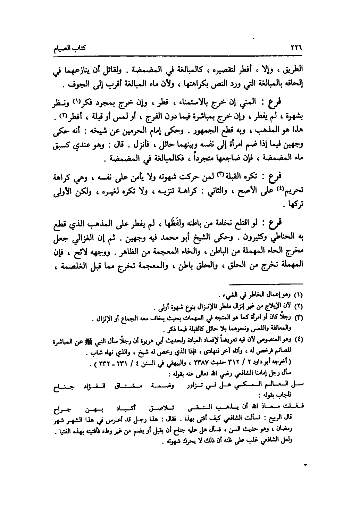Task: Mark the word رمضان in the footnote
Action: pyautogui.click(x=285, y=424)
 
